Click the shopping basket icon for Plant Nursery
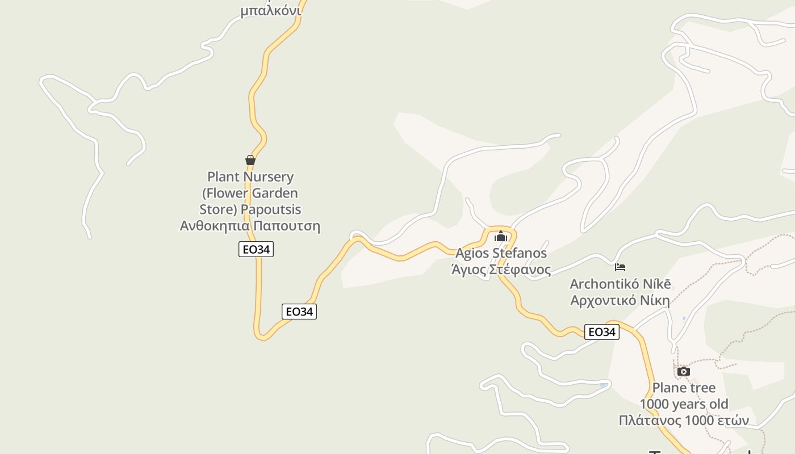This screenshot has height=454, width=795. pos(250,160)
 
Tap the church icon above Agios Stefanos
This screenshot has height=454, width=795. pos(500,237)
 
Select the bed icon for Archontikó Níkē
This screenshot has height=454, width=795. pos(620,267)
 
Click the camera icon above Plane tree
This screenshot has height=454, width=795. pos(684,372)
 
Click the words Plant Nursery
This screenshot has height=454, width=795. pos(250,177)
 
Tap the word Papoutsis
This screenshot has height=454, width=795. pos(271,209)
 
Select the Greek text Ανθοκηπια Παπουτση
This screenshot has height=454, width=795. pos(250,226)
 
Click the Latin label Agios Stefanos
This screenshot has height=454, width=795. pos(501,253)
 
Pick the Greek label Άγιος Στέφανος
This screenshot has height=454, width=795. pos(501,269)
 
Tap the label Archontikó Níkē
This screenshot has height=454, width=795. pos(620,284)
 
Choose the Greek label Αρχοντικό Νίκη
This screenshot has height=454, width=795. pos(620,300)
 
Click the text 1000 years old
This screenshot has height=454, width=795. pos(684,404)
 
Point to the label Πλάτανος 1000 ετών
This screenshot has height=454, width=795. pos(684,421)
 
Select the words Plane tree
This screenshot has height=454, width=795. pos(684,388)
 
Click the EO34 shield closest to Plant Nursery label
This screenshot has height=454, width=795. pos(256,249)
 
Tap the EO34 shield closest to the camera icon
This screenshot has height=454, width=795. pos(602,332)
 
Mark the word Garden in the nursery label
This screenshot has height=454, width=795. pos(275,194)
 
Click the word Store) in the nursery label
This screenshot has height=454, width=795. pos(218,209)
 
